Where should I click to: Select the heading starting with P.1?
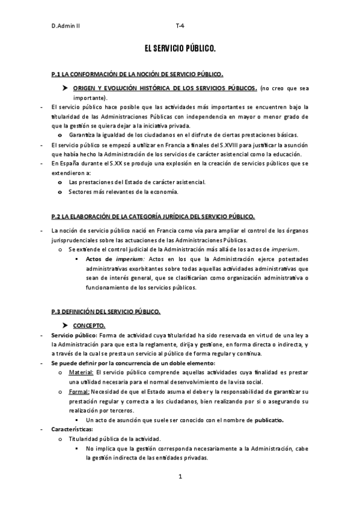tap(138, 74)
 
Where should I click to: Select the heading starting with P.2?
tap(153, 217)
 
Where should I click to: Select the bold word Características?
tap(72, 429)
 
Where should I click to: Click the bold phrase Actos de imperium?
tap(113, 259)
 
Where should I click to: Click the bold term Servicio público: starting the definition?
tap(73, 335)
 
